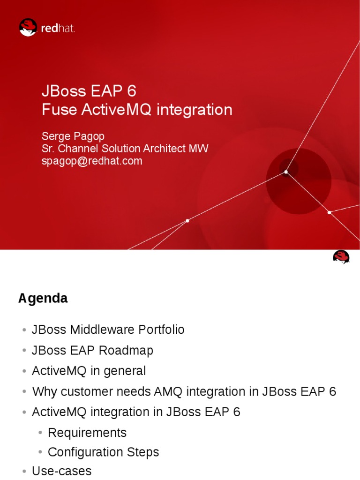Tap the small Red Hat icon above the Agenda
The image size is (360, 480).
(x=341, y=257)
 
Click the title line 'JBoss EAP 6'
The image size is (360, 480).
(x=89, y=90)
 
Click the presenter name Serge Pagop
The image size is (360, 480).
(x=73, y=136)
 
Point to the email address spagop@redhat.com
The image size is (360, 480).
(x=91, y=161)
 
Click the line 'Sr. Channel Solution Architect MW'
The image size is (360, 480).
(x=125, y=149)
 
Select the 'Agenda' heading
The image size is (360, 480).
(x=43, y=298)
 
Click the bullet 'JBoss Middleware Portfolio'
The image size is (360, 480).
(x=108, y=330)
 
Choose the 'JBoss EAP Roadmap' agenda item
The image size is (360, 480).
(x=92, y=350)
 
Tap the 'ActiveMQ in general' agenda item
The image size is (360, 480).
(x=89, y=371)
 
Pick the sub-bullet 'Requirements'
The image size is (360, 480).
(x=87, y=432)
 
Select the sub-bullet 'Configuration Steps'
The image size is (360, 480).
(x=103, y=452)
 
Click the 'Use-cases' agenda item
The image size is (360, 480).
(x=61, y=471)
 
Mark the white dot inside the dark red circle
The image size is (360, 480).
(x=286, y=172)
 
